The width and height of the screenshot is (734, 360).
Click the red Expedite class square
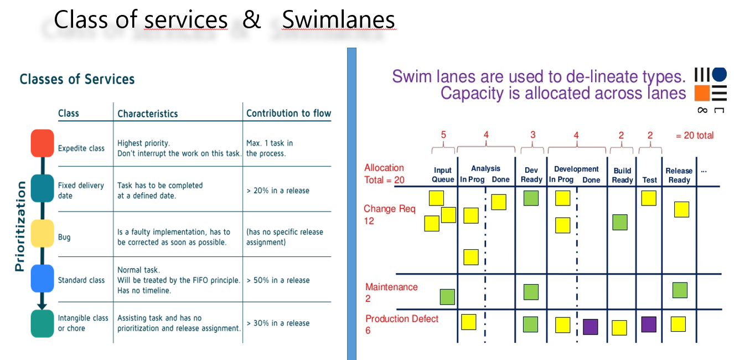point(42,143)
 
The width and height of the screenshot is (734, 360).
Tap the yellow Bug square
point(42,233)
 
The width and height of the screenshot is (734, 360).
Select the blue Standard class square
point(42,279)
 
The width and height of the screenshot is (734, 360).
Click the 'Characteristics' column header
point(147,114)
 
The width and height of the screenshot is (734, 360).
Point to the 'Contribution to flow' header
point(289,114)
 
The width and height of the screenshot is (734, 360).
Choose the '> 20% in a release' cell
point(278,191)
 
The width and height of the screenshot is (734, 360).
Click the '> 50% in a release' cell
point(278,280)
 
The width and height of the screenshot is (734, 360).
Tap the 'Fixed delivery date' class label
point(81,191)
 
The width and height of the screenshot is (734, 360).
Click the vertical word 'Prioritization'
point(20,226)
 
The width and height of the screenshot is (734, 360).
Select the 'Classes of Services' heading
point(77,79)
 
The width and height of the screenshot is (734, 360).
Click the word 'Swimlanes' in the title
point(338,20)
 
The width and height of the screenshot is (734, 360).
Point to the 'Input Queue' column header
point(443,175)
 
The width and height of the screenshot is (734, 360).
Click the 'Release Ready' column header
point(679,176)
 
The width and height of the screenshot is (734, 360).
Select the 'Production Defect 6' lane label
point(402,324)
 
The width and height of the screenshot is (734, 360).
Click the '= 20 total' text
point(695,135)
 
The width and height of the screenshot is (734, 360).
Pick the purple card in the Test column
point(649,324)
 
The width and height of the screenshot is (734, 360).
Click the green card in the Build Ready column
point(620,222)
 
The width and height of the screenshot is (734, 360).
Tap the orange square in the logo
point(702,93)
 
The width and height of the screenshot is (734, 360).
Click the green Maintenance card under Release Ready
point(680,290)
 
